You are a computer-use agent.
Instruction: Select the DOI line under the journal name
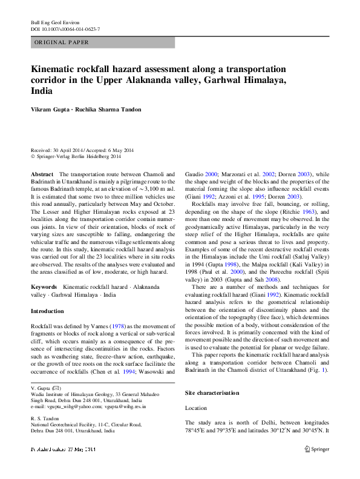tap(65, 28)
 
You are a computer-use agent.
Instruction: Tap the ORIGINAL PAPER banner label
tap(62, 42)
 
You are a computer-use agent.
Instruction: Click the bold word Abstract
tap(42, 174)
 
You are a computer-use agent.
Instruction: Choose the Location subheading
tap(196, 409)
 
